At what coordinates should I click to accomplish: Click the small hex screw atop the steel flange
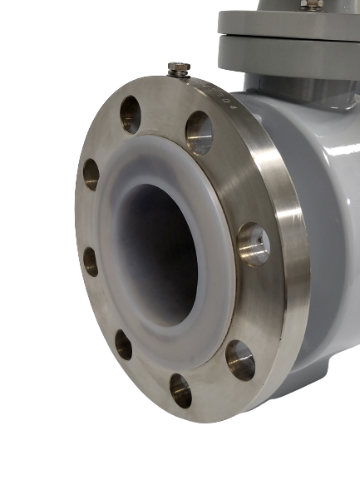point(179,67)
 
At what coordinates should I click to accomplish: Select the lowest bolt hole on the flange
point(180,388)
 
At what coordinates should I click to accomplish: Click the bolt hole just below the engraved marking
point(198,131)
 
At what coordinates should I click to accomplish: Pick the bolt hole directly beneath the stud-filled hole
point(239,357)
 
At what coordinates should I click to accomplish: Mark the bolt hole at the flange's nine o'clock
point(91,260)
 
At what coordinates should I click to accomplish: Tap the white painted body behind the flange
point(320,208)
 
